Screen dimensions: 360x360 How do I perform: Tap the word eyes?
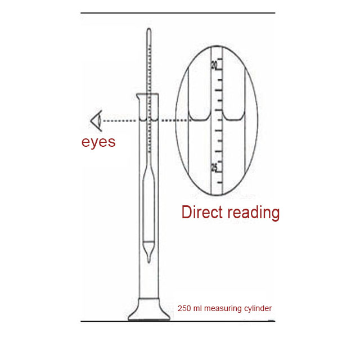point(98,141)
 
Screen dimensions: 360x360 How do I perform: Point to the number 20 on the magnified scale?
point(214,65)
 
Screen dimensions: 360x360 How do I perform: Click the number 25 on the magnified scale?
point(214,167)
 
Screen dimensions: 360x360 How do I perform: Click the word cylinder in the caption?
point(256,308)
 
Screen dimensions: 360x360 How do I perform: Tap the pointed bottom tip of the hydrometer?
point(148,261)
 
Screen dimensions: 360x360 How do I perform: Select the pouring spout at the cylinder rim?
point(137,97)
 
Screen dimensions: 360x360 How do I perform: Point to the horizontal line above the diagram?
point(178,12)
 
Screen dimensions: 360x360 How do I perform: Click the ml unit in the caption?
point(197,308)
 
